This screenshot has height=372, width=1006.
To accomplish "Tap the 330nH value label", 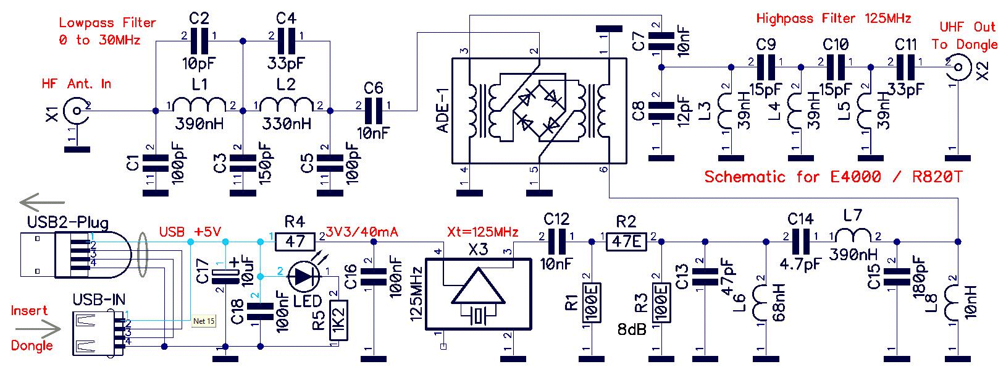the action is point(287,124).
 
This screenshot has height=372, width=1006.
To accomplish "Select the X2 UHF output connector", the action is point(957,68).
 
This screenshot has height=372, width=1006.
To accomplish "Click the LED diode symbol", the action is point(304,276).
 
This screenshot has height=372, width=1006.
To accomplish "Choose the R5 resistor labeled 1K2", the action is point(338,319).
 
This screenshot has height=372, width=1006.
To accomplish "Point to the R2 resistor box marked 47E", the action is point(626,242).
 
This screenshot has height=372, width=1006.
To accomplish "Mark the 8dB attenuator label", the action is point(632,329).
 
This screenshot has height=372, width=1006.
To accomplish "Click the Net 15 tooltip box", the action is point(204,321).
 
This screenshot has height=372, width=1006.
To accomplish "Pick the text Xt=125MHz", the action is point(482,232).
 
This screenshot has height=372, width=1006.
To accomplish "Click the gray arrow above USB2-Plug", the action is point(43,203).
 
